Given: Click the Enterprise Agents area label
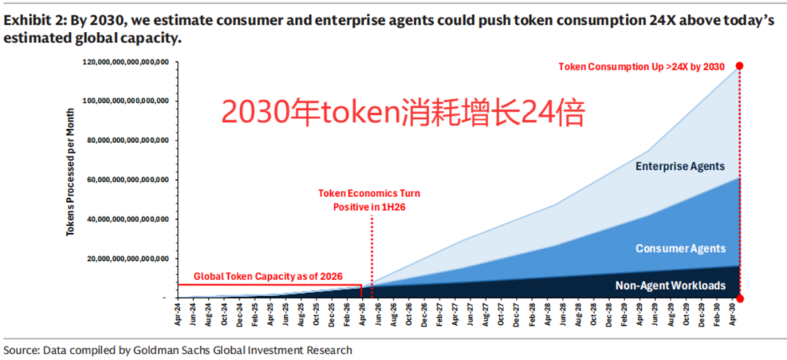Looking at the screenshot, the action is click(680, 166).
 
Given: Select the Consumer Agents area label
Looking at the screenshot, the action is click(681, 249).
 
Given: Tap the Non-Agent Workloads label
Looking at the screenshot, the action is click(670, 286).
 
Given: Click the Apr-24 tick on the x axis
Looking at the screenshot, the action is click(179, 315).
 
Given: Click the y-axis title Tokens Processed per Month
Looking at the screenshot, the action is click(70, 172).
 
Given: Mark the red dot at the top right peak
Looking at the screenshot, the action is click(740, 66).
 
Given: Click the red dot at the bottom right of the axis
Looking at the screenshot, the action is click(740, 299).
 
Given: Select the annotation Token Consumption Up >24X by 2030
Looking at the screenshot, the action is click(641, 67).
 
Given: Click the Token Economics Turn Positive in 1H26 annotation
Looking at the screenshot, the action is click(369, 200).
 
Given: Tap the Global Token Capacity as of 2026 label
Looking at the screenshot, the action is click(268, 276).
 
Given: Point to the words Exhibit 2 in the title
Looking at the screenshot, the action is click(34, 21).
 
